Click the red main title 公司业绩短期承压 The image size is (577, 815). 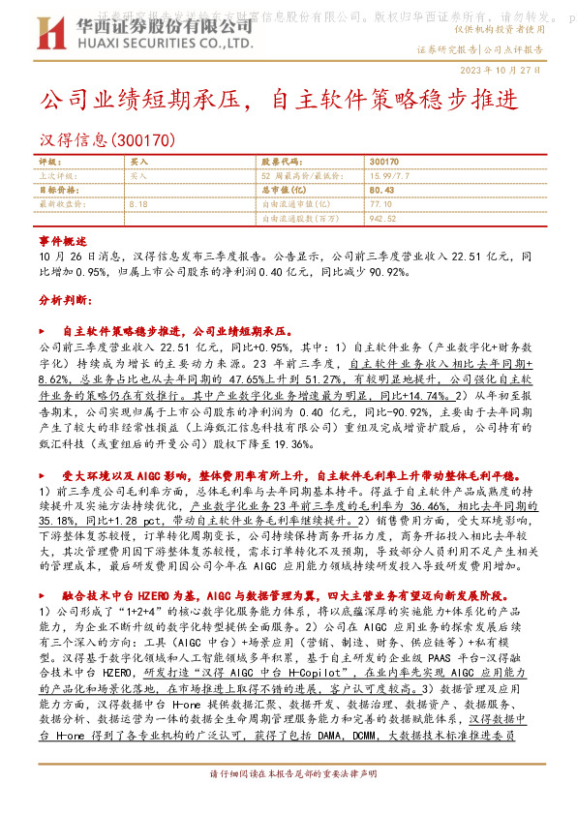(144, 100)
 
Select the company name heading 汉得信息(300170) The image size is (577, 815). (106, 139)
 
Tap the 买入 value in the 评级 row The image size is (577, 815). (138, 163)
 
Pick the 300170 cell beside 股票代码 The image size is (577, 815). (383, 163)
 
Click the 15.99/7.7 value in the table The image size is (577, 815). (389, 176)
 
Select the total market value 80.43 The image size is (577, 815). (380, 191)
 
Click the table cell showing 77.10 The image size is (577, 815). (380, 204)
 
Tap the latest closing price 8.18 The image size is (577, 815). (138, 204)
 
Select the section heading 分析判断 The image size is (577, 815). (64, 301)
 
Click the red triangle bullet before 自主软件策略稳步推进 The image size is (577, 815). (44, 330)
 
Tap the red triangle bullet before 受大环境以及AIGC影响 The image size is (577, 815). (44, 475)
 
